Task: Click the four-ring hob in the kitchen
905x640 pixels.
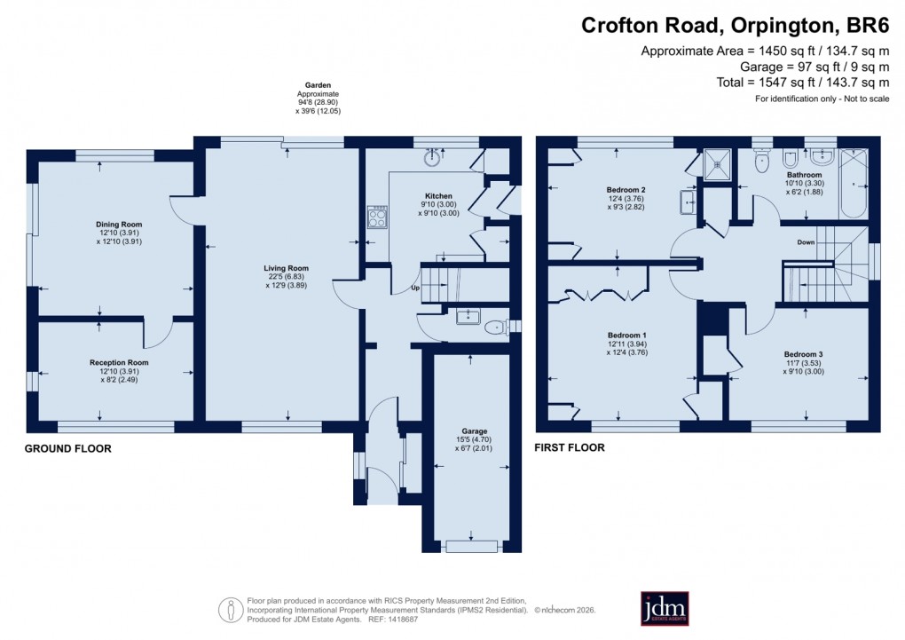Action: coord(378,217)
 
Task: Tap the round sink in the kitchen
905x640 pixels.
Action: coord(433,159)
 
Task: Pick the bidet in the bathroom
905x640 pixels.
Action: coord(790,161)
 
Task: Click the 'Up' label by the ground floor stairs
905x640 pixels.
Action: coord(413,288)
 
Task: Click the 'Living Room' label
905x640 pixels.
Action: coord(286,268)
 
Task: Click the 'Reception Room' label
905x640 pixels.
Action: coord(119,362)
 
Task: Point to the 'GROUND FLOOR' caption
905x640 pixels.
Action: coord(67,449)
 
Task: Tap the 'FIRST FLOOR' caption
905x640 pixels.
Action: coord(569,447)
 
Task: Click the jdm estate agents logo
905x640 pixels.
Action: coord(665,609)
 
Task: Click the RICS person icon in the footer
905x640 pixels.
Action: coord(231,610)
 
